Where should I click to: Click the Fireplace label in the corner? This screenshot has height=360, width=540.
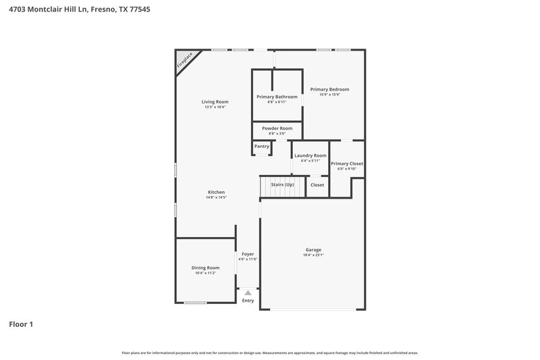click(x=184, y=61)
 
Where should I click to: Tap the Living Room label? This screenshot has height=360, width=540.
click(x=215, y=102)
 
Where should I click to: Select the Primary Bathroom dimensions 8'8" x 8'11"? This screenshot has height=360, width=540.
click(x=277, y=102)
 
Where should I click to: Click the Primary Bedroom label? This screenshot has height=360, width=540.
click(x=329, y=89)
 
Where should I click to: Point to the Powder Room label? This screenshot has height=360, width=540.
click(x=277, y=128)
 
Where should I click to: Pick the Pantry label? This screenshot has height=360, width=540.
click(x=262, y=147)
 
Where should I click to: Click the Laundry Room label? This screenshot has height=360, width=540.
click(x=310, y=155)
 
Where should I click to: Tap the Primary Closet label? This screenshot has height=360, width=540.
click(x=347, y=163)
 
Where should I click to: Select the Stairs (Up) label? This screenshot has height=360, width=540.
click(x=282, y=184)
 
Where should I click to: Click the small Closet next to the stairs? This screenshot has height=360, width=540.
click(x=317, y=184)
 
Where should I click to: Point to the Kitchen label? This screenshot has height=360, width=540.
click(x=216, y=192)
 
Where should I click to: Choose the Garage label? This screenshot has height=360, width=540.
click(x=313, y=249)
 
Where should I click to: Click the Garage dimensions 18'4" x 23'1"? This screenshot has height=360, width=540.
click(x=313, y=255)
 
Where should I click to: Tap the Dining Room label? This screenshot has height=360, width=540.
click(x=205, y=267)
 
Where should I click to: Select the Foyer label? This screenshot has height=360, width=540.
click(x=248, y=254)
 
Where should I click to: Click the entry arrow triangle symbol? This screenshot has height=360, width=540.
click(x=248, y=292)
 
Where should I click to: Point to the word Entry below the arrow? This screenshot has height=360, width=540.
click(x=248, y=301)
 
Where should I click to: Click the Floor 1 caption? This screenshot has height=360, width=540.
click(x=21, y=324)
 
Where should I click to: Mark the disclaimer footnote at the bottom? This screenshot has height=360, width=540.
click(x=270, y=353)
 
